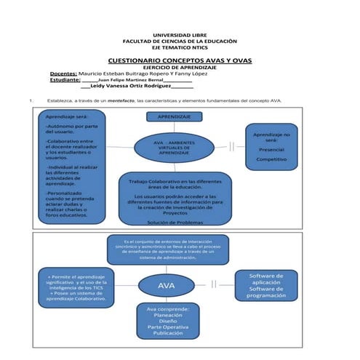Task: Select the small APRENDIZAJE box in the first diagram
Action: (175, 116)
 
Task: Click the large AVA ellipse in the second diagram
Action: (167, 286)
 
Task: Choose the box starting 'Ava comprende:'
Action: (168, 321)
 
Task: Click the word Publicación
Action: (168, 333)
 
